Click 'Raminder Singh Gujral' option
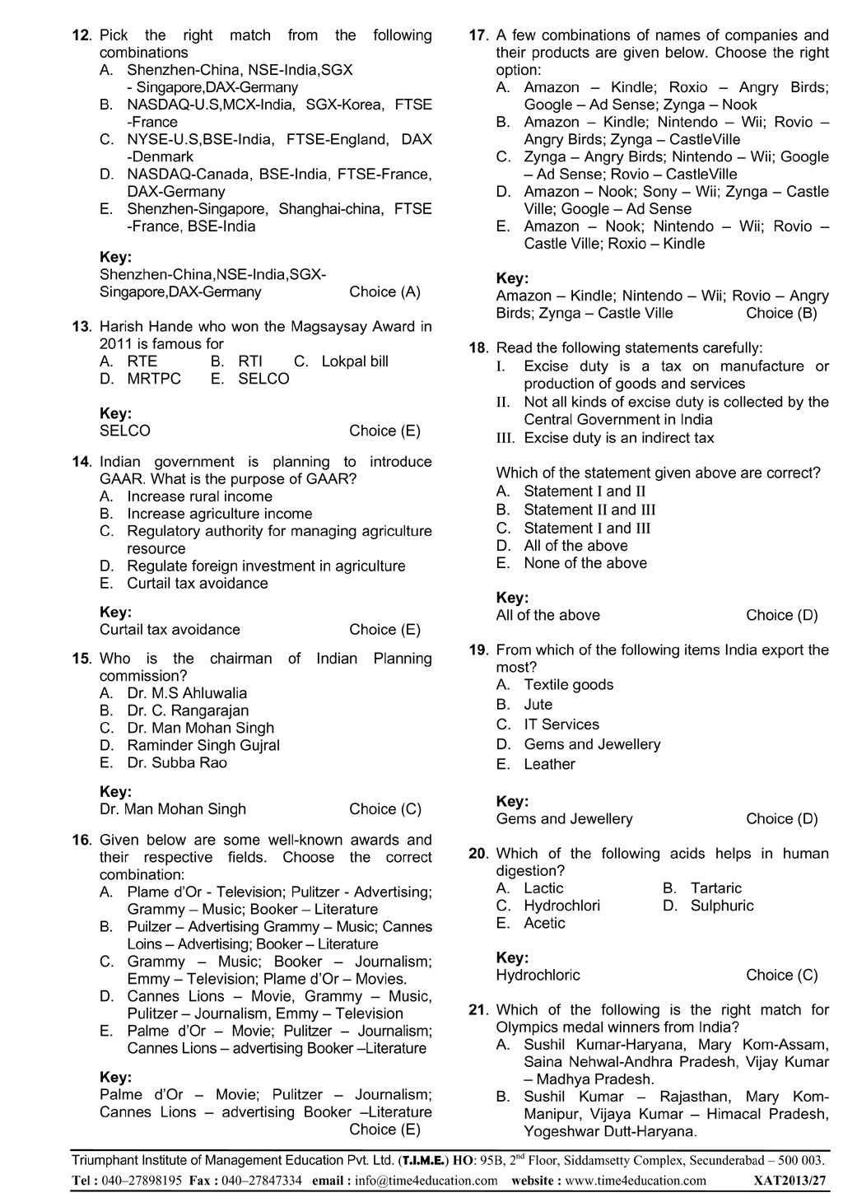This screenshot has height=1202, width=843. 203,745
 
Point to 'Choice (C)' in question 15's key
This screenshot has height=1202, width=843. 384,808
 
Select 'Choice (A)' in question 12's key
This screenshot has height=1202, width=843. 384,291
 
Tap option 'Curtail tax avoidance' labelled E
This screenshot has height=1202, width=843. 197,583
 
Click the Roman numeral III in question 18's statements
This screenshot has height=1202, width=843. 505,438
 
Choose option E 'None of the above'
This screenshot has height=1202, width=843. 585,563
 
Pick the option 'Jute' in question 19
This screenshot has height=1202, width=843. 538,704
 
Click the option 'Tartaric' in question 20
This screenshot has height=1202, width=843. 715,888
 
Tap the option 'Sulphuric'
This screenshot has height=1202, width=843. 721,906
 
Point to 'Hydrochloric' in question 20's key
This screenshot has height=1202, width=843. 538,975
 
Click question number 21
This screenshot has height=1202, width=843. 478,1009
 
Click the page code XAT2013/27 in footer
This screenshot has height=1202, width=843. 789,1180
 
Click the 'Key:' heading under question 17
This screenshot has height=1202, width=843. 512,278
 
